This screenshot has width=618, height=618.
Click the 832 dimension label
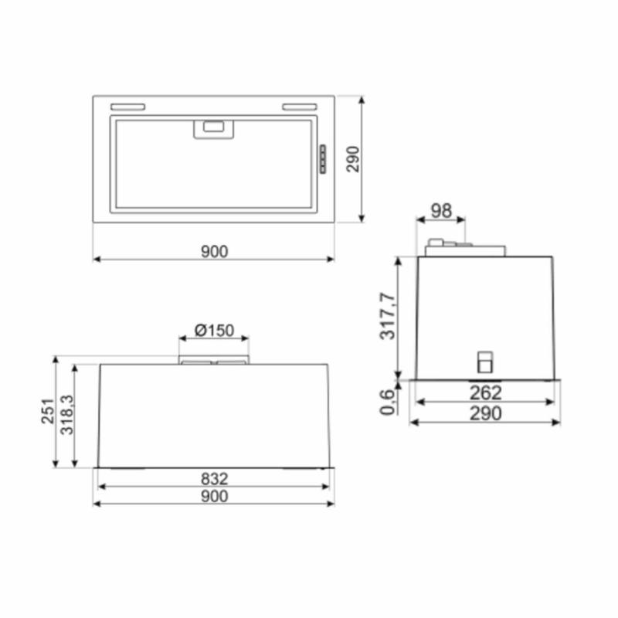coord(215,479)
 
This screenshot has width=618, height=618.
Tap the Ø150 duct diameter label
coord(215,331)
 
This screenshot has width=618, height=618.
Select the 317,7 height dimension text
coord(388,316)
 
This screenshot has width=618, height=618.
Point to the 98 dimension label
coord(441,211)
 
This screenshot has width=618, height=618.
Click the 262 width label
coord(486,393)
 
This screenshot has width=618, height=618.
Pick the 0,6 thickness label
coord(388,402)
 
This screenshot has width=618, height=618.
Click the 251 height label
coord(48,412)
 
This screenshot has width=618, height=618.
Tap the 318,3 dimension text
coord(67,415)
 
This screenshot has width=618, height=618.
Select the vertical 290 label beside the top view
coord(353,159)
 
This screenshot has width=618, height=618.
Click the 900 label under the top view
coord(215,252)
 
